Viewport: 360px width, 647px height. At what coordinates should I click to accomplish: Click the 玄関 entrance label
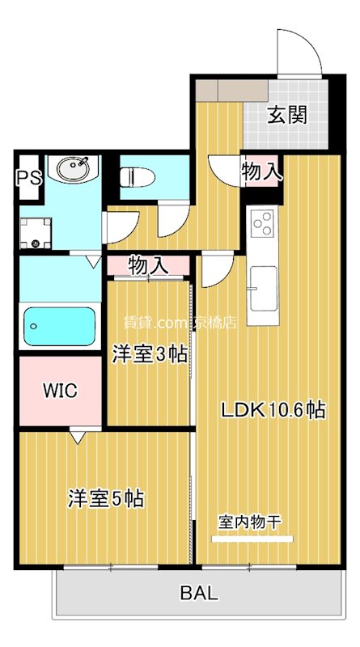point(287,115)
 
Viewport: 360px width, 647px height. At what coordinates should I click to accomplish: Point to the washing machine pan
point(35,233)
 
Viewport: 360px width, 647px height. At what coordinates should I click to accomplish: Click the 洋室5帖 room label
point(105,498)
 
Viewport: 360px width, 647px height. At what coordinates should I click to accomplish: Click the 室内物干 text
point(249,522)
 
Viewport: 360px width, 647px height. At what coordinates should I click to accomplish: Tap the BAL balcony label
point(198,594)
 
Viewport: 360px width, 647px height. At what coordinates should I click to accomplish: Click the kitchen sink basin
point(262,285)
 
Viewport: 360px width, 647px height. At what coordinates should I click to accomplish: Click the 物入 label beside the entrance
point(262,171)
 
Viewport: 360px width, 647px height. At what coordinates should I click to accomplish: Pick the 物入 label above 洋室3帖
point(148,264)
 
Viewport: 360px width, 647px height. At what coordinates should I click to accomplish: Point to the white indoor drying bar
point(249,538)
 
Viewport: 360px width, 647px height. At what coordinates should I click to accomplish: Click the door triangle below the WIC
point(77,437)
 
